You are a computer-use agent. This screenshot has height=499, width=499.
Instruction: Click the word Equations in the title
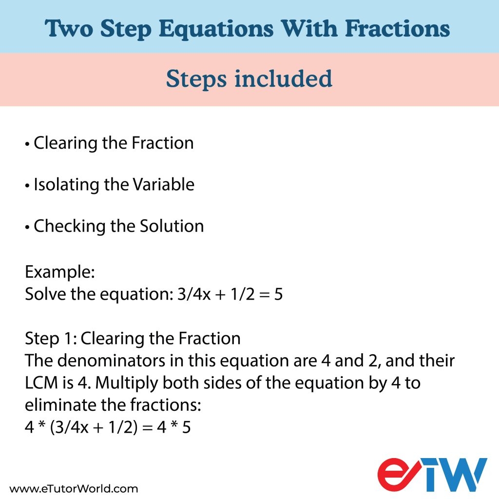[216, 30]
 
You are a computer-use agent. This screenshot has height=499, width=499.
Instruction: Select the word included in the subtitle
[283, 78]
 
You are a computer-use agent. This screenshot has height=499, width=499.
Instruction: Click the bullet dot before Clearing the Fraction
[27, 144]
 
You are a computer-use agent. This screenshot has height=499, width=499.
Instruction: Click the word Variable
[164, 185]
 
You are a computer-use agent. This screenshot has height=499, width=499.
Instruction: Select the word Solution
[172, 226]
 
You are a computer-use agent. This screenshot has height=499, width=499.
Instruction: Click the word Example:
[60, 272]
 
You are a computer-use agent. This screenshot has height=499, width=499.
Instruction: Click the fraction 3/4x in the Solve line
[194, 294]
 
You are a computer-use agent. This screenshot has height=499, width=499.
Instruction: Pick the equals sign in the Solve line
[264, 295]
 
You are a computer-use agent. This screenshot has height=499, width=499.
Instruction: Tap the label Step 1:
[51, 338]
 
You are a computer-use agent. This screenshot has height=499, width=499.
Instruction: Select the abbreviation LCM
[41, 383]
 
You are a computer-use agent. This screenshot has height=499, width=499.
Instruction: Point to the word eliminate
[60, 405]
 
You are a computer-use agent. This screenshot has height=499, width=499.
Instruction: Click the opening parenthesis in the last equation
[53, 427]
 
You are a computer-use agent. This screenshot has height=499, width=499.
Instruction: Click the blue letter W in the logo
[464, 475]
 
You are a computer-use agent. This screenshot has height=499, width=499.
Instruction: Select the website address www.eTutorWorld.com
[74, 489]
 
